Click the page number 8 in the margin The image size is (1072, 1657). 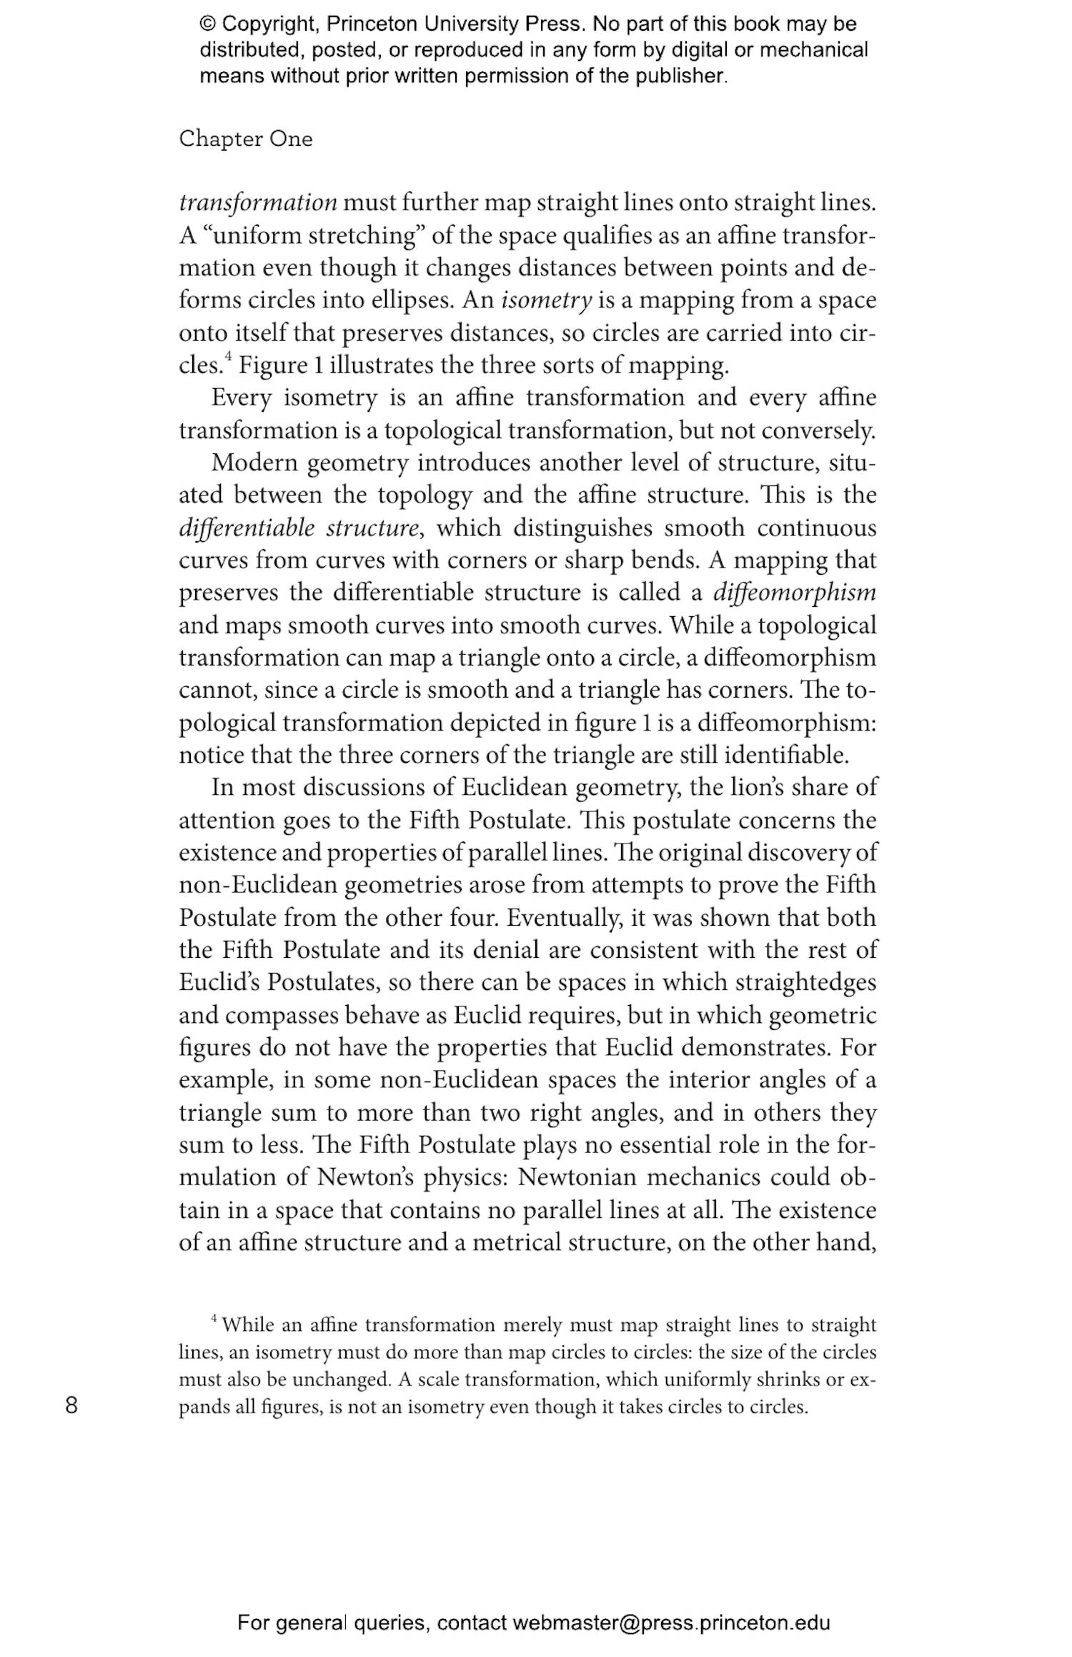coord(71,1405)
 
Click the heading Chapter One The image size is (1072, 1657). coord(245,139)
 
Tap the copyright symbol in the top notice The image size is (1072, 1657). coord(208,24)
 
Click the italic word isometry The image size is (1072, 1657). coord(547,300)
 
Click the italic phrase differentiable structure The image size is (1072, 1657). coord(298,528)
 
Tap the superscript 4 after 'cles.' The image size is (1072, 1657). coord(229,357)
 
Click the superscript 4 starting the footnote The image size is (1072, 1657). coord(214,1317)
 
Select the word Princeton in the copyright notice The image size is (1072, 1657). coord(372,24)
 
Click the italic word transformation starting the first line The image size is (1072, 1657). coord(257,203)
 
